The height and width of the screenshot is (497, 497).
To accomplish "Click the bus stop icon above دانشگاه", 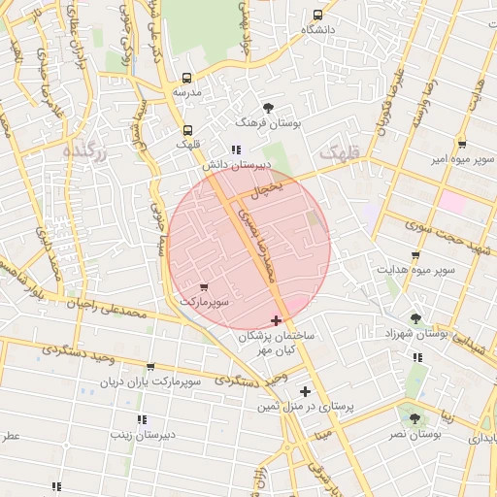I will pos(318,16).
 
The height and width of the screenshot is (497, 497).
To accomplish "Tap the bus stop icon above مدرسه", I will pos(187,78).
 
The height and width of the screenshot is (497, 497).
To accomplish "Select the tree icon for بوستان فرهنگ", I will pos(269,108).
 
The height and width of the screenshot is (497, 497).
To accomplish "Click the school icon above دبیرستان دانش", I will pos(236,149).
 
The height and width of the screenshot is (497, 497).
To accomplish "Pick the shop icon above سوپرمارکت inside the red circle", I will pos(204,287).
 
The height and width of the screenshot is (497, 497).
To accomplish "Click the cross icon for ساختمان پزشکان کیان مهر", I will pos(277,319).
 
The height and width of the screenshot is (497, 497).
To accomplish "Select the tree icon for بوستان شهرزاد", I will pos(416,317).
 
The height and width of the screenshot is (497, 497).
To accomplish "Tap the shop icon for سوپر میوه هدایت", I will pos(415,255).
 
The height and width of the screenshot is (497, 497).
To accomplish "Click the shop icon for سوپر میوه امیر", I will pos(462,143).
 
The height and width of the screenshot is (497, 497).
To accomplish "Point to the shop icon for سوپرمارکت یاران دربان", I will pos(150,367).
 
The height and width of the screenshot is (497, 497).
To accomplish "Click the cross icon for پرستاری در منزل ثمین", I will pos(305,391).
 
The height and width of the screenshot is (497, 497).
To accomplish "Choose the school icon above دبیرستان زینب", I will pos(142,419).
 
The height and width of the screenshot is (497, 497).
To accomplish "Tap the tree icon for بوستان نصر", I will pos(415,418).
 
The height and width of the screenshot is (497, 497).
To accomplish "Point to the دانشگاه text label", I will pos(318,30).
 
